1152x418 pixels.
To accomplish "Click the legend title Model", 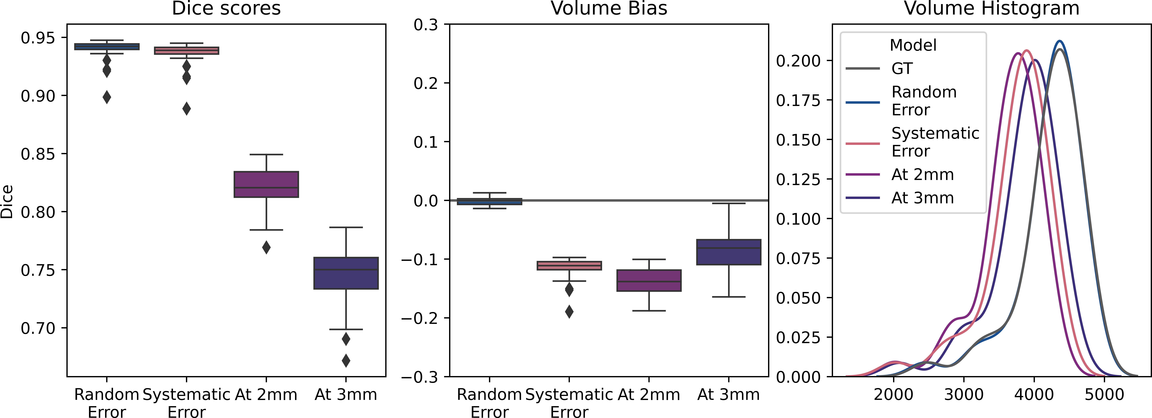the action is [x=913, y=45].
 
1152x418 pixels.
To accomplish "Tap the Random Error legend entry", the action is [x=924, y=101].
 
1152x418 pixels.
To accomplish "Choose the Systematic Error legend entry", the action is [x=935, y=142].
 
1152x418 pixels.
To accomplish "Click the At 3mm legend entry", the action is [x=922, y=198].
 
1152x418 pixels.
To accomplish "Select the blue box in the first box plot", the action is [x=107, y=47].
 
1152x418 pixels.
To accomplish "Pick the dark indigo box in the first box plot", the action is [x=346, y=273].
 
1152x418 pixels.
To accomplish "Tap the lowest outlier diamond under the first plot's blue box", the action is [x=107, y=97].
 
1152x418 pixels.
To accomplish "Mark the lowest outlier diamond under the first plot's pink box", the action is [x=186, y=108].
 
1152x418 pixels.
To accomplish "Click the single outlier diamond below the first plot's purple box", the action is [x=266, y=247].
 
